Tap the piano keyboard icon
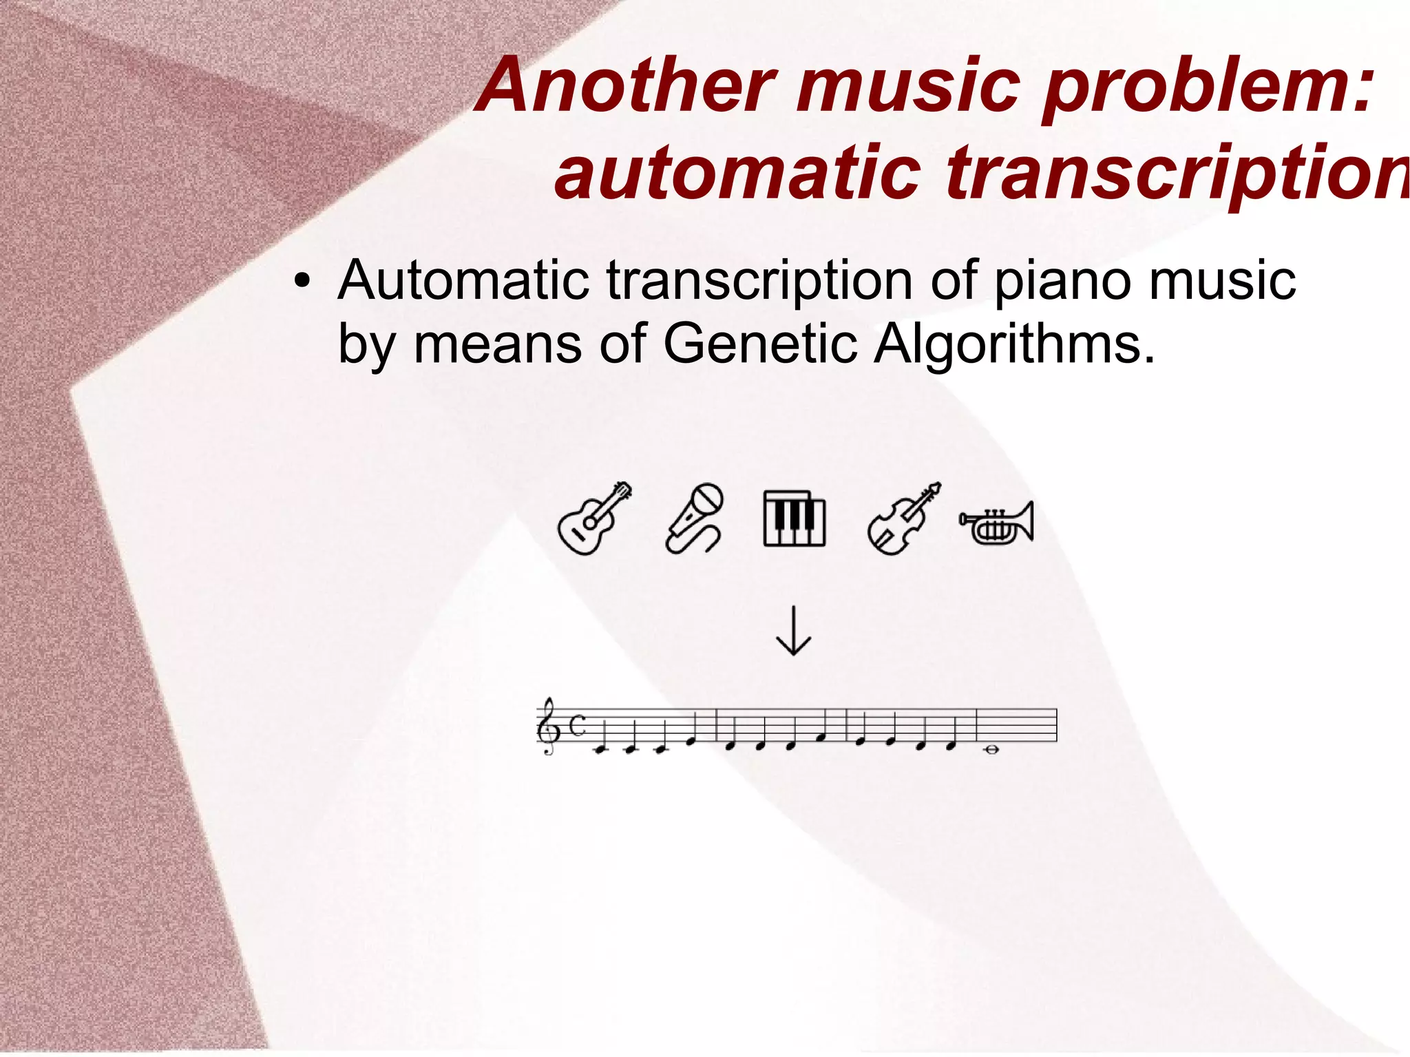tap(794, 519)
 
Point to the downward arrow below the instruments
tap(793, 631)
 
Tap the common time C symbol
tap(578, 725)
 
